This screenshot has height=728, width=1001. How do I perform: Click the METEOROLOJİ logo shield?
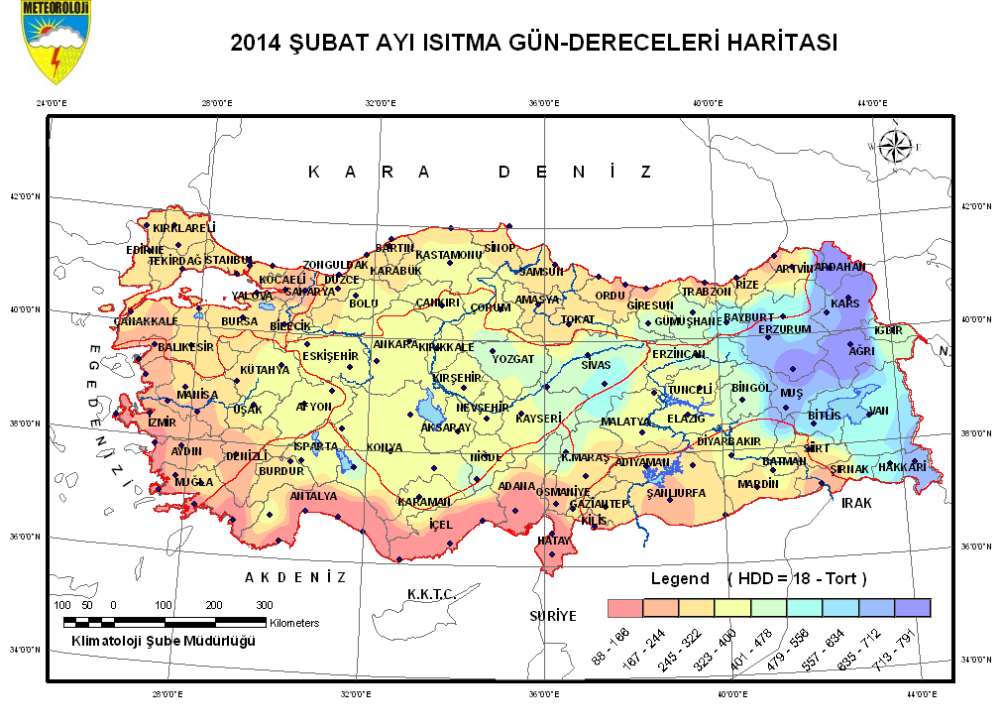(x=51, y=45)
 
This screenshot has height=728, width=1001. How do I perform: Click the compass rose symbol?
(x=895, y=146)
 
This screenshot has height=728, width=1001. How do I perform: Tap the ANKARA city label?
(x=394, y=344)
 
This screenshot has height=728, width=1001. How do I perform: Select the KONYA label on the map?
(x=385, y=448)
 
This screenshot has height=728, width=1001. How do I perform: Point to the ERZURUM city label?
(x=785, y=329)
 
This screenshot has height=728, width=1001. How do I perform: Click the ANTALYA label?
(x=313, y=496)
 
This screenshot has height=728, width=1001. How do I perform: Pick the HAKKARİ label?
(x=903, y=466)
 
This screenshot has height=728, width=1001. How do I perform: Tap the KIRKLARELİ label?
(x=184, y=228)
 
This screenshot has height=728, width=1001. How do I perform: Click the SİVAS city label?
(x=597, y=365)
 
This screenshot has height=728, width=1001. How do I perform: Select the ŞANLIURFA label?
(x=675, y=493)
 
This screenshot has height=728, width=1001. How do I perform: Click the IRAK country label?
(x=856, y=503)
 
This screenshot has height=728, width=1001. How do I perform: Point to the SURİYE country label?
(x=552, y=616)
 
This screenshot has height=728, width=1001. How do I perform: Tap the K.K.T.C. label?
(x=431, y=594)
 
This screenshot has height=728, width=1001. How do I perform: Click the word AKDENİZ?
(x=295, y=577)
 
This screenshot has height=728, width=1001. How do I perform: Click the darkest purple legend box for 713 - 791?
(x=912, y=607)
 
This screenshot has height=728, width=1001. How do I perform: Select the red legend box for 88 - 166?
(x=624, y=607)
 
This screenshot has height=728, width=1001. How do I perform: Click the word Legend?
(x=680, y=578)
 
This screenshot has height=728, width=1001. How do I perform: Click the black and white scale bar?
(x=165, y=622)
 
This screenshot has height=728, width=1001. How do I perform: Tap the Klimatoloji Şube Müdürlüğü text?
(x=164, y=642)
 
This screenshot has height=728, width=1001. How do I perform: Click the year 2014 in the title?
(x=257, y=44)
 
